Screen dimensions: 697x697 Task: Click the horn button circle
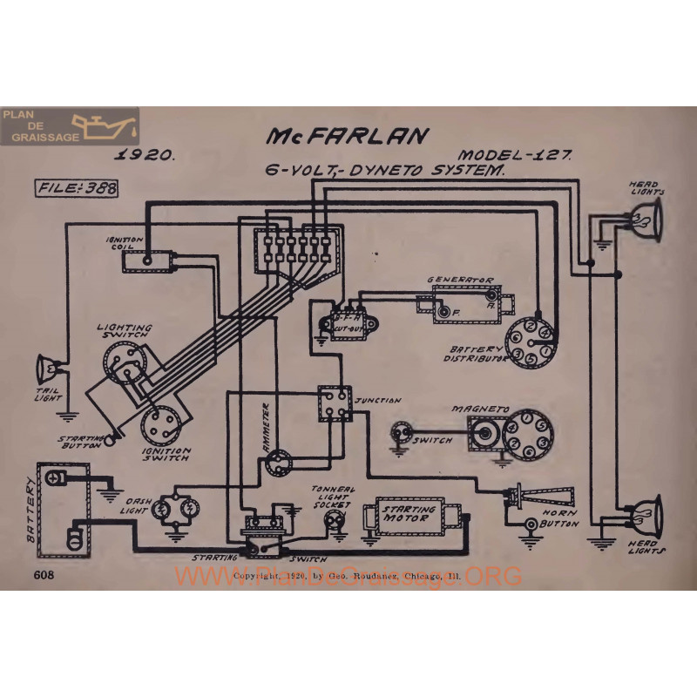pos(531,525)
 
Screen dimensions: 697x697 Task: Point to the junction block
pos(334,403)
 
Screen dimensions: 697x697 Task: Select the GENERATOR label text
pos(460,280)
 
